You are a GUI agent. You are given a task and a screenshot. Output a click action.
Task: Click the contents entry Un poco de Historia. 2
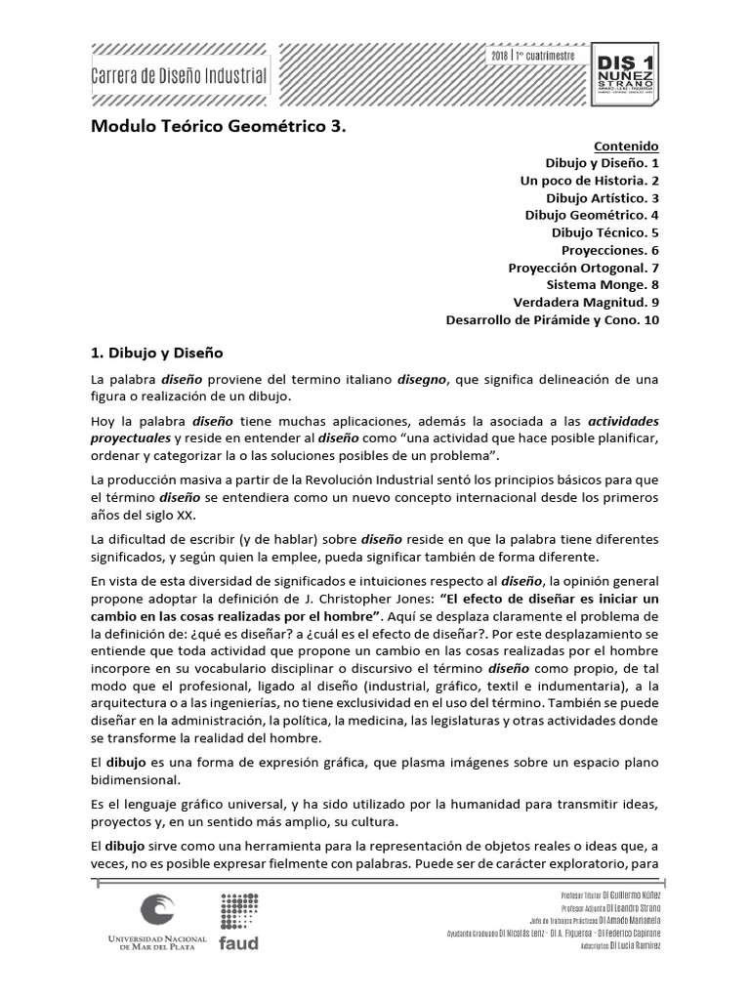[x=590, y=180]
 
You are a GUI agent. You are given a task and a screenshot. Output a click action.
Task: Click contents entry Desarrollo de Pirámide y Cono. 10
[x=553, y=319]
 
